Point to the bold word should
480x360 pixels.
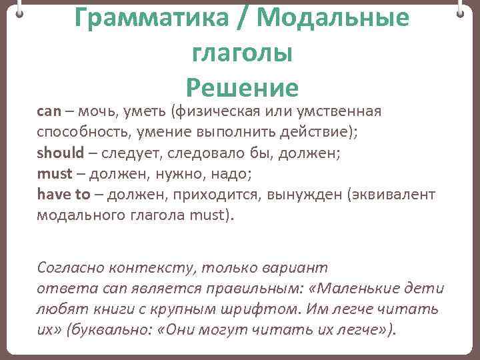pos(61,153)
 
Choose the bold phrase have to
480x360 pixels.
pos(63,194)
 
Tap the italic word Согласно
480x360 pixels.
pos(66,267)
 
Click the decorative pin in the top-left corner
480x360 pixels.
pos(19,11)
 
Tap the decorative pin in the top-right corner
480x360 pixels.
pos(461,11)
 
